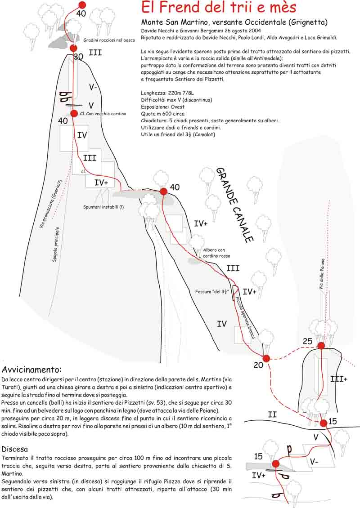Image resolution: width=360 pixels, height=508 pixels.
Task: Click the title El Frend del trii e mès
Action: click(219, 8)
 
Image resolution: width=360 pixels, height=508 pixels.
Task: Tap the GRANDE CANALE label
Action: click(235, 205)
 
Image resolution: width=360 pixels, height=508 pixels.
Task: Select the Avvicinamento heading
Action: click(31, 370)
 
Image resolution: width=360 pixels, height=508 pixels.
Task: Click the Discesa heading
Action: click(15, 449)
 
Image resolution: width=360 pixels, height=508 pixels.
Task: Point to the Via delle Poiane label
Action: click(322, 275)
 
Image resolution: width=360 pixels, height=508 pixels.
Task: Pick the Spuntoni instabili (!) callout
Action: click(103, 207)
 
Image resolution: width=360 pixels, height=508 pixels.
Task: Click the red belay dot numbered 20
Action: click(266, 358)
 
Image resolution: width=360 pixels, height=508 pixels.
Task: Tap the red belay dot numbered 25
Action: click(321, 346)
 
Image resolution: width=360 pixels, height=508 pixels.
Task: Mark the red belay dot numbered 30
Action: click(74, 48)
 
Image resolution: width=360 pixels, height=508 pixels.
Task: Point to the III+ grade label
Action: click(339, 379)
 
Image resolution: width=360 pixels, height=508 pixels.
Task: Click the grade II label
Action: click(272, 414)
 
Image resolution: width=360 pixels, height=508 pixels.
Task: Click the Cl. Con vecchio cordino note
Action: click(103, 114)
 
